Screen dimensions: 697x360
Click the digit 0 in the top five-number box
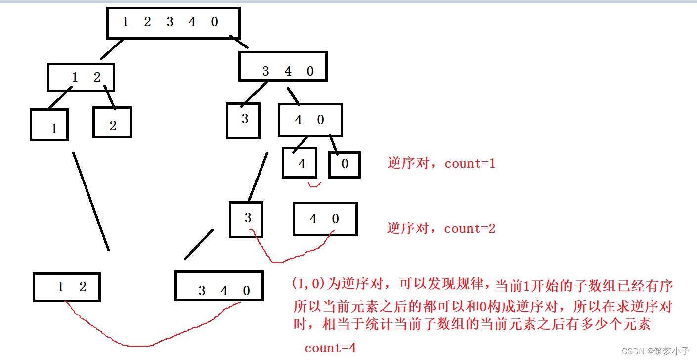pos(214,22)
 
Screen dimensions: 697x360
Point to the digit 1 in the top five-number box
pos(125,22)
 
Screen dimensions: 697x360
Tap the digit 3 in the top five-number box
pos(170,22)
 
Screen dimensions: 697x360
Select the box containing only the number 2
pos(112,122)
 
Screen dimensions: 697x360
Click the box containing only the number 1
pos(49,125)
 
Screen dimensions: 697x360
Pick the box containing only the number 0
pos(345,164)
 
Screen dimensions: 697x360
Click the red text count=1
pos(470,164)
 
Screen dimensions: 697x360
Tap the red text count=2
pos(470,228)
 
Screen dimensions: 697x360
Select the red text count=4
pos(330,348)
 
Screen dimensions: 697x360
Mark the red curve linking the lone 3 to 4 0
pos(287,257)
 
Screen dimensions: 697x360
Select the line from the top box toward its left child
pos(111,49)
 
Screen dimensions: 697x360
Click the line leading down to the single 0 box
pos(334,143)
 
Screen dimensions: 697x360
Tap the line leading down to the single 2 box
pos(110,97)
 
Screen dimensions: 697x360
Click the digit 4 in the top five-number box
pos(192,22)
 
